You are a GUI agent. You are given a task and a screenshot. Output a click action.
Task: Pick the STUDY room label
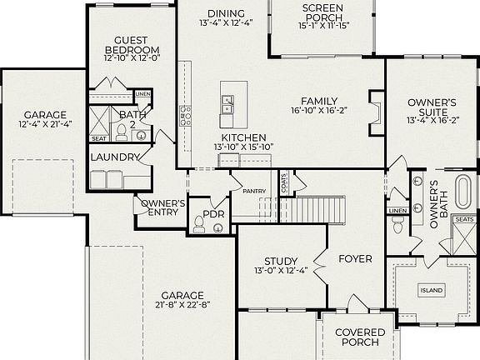281,261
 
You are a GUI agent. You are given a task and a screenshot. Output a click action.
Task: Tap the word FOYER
355,258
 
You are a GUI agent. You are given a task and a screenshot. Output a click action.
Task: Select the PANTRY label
254,192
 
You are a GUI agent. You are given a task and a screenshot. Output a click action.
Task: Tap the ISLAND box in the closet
432,290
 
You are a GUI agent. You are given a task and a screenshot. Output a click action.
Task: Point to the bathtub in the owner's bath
462,193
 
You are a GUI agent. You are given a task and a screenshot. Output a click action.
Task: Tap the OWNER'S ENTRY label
162,207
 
